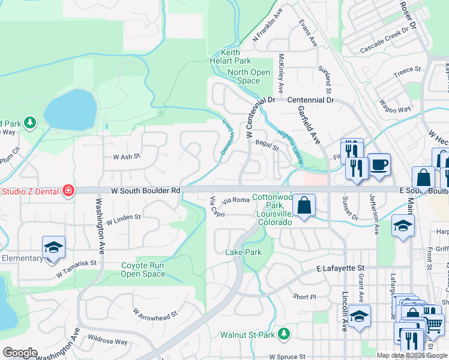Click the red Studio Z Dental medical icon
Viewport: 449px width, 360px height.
(68, 191)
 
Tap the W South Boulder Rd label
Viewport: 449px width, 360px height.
(146, 191)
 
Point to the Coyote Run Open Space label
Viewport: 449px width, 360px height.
(143, 270)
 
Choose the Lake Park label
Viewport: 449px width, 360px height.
(243, 253)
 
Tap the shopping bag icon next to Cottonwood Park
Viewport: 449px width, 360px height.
(305, 206)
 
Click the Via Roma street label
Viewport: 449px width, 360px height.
(235, 200)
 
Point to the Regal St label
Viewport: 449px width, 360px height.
(267, 145)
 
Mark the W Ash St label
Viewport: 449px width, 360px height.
(127, 156)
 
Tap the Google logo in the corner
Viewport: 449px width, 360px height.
(20, 353)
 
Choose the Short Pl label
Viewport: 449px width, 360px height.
(304, 297)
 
